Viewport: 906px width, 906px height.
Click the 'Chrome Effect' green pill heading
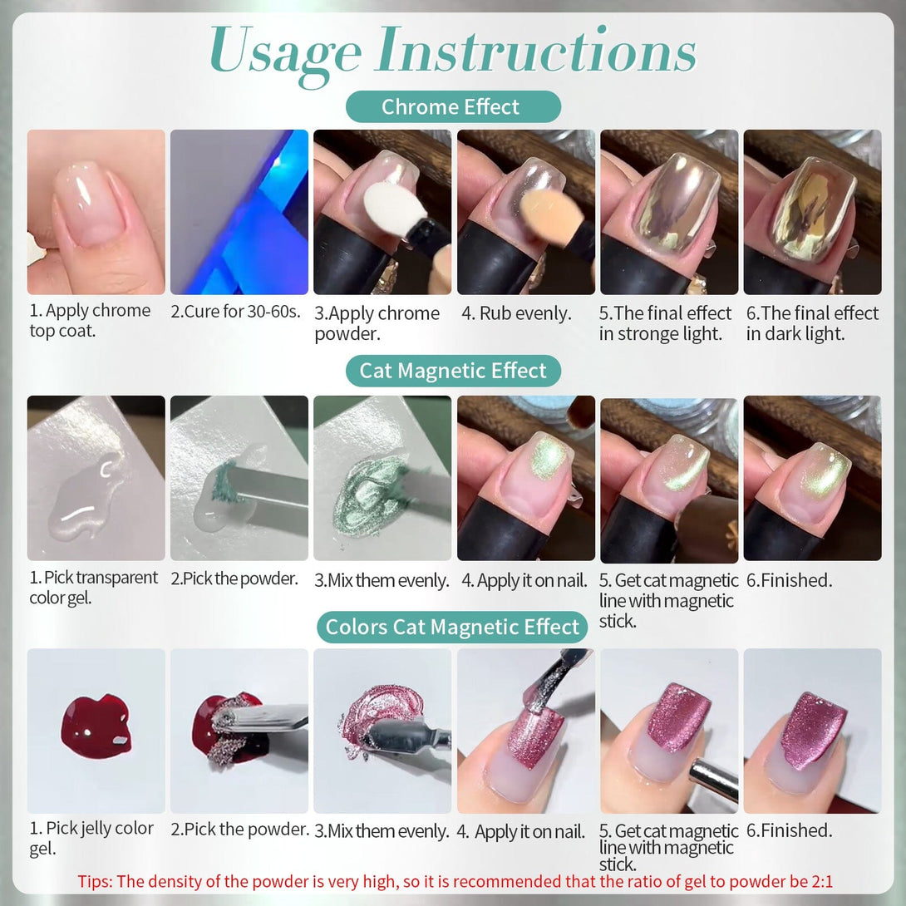(x=453, y=107)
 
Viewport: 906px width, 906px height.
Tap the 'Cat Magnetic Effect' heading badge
(x=453, y=371)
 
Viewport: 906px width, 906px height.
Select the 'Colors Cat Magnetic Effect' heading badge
(x=452, y=627)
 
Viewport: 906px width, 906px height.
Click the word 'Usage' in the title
(x=286, y=55)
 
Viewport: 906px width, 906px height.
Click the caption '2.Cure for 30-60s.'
(x=236, y=312)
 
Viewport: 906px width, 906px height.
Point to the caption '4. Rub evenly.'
(x=516, y=313)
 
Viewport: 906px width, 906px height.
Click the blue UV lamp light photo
(x=239, y=212)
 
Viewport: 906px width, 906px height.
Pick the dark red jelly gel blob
(x=96, y=726)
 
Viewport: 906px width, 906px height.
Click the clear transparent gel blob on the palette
(x=86, y=495)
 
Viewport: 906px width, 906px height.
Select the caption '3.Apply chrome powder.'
(x=377, y=323)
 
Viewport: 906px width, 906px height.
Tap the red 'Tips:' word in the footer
(x=96, y=882)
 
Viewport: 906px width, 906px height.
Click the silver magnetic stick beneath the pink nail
(x=714, y=780)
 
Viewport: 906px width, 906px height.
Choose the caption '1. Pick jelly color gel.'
(x=91, y=839)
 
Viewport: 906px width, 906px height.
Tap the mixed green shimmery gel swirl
(x=370, y=494)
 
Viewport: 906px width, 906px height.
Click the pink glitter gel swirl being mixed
(x=382, y=716)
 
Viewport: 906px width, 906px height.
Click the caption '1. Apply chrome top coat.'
(x=90, y=321)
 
